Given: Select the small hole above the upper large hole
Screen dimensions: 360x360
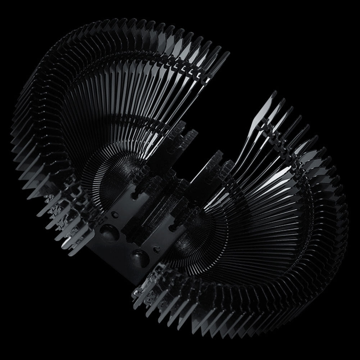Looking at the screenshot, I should (115, 215).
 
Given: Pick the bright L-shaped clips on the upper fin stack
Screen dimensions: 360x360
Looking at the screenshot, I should (187, 68).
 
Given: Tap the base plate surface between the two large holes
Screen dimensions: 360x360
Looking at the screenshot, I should (124, 245).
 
